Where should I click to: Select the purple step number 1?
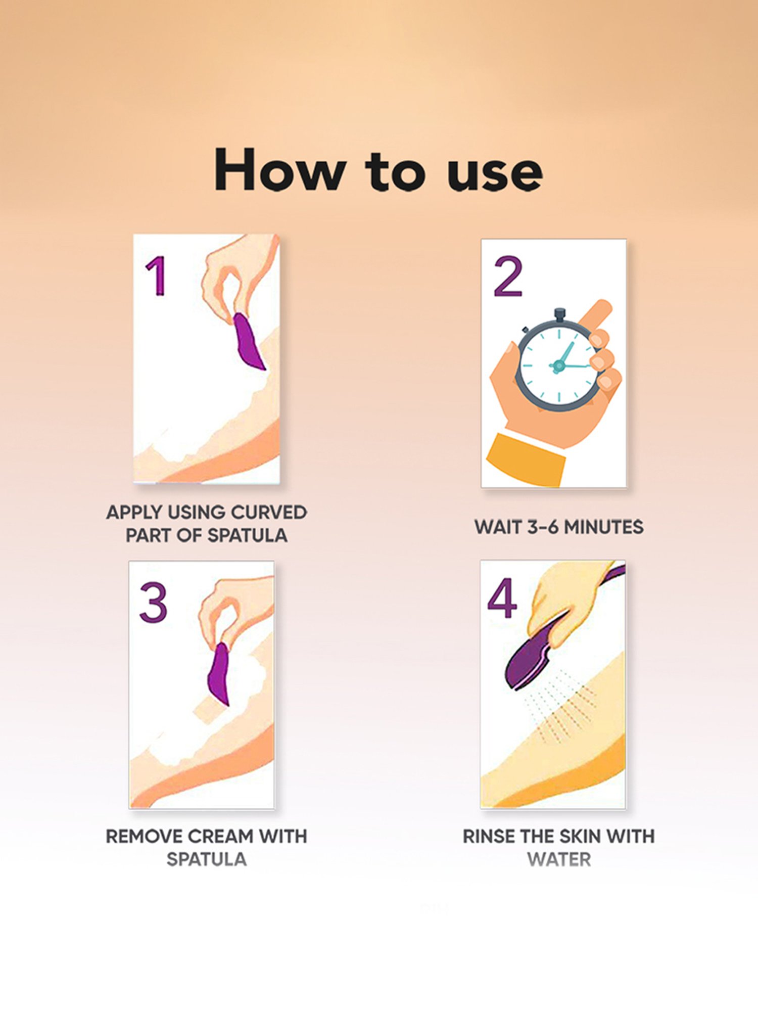click(x=156, y=275)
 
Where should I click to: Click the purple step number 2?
click(x=508, y=277)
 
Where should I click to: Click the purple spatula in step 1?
click(x=247, y=341)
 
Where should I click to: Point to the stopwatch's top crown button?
click(x=559, y=315)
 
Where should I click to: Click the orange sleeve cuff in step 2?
click(x=526, y=460)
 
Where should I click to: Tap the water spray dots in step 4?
click(x=561, y=708)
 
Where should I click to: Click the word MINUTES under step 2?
click(x=603, y=527)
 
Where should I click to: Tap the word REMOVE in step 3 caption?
click(x=144, y=837)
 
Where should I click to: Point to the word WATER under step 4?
click(x=559, y=859)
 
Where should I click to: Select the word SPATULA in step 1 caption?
click(x=247, y=535)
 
